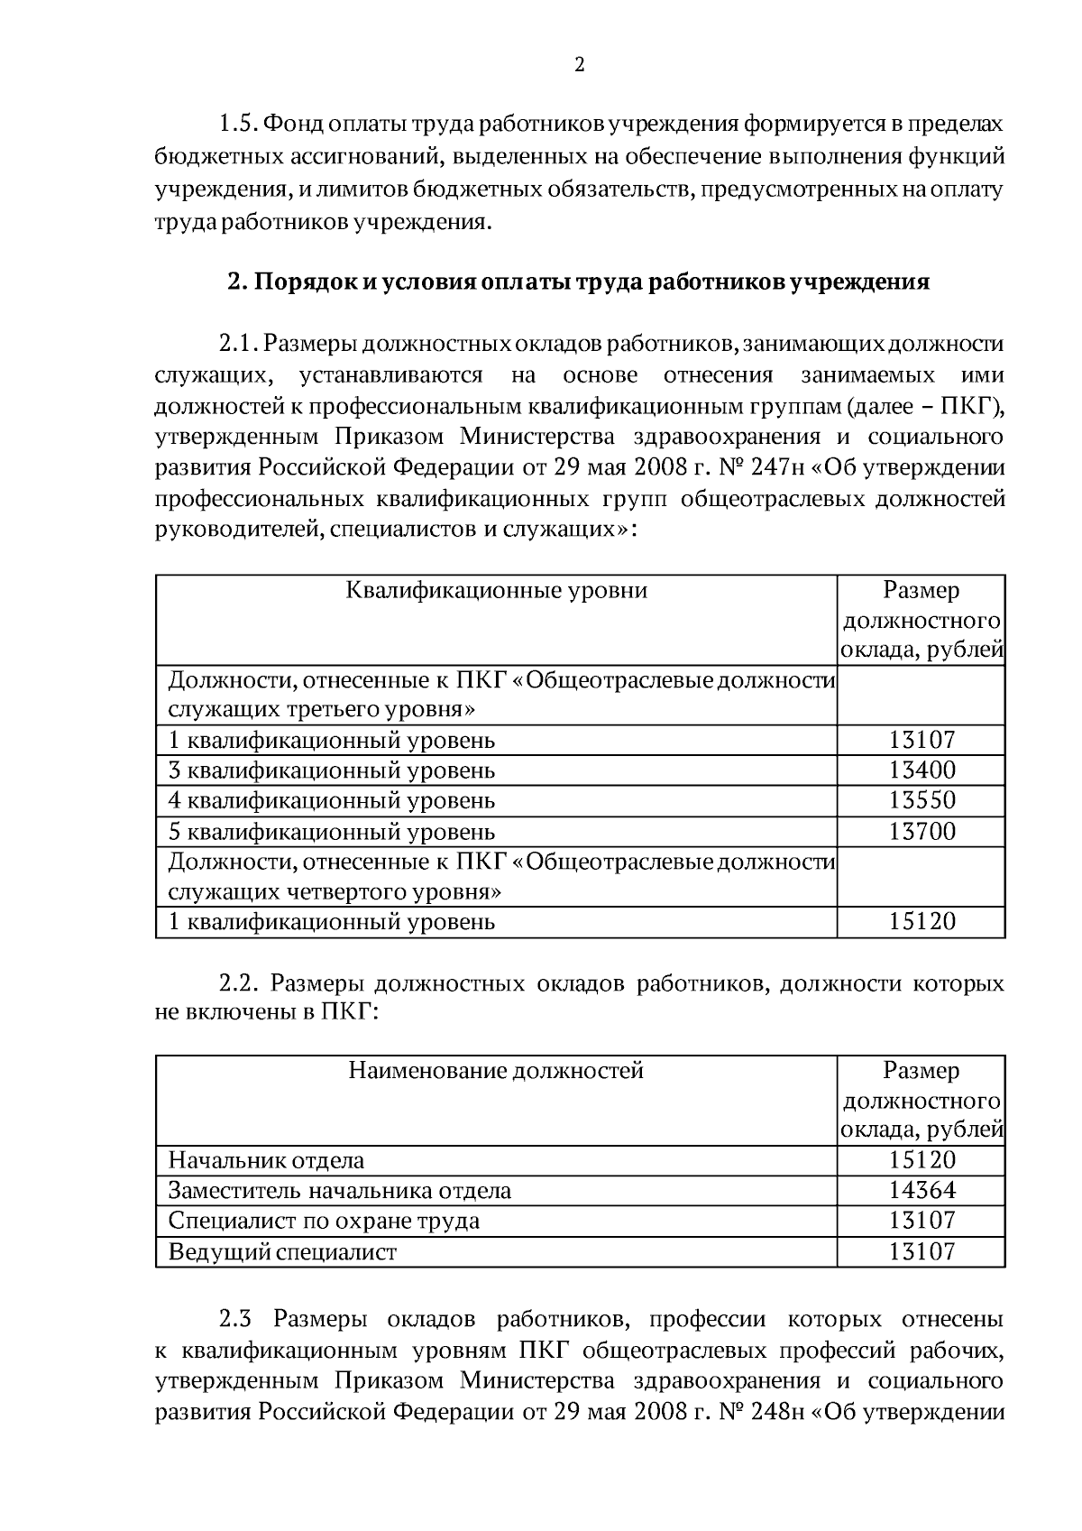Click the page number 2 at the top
click(579, 64)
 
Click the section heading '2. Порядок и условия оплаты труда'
click(578, 281)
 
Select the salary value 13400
click(922, 770)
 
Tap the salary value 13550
click(922, 800)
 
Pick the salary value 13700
click(922, 831)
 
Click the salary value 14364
click(922, 1190)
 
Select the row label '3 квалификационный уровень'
click(332, 770)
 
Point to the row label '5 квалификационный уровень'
click(332, 831)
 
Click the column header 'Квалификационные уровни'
click(497, 590)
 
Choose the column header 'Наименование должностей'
click(497, 1071)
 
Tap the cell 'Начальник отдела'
click(267, 1160)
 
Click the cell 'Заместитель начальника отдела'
click(340, 1190)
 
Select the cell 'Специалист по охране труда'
click(325, 1221)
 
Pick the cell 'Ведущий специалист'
click(283, 1251)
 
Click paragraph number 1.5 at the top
click(239, 124)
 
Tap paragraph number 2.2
click(239, 982)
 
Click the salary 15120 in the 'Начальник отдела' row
click(922, 1160)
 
